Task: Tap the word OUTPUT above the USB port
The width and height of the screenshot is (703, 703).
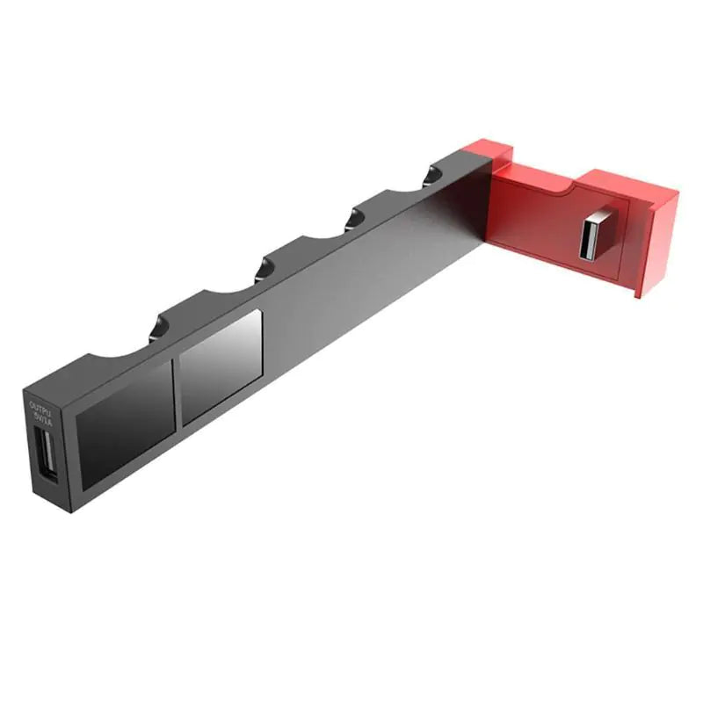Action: [x=41, y=408]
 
